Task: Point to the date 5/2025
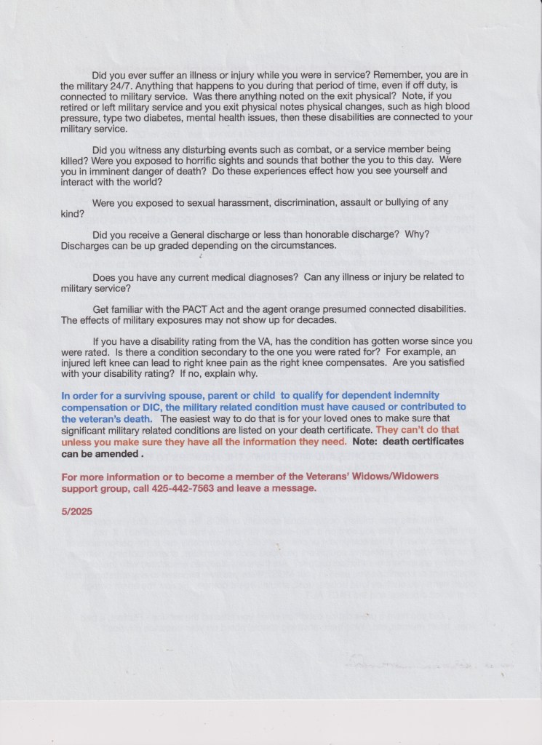(x=77, y=511)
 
